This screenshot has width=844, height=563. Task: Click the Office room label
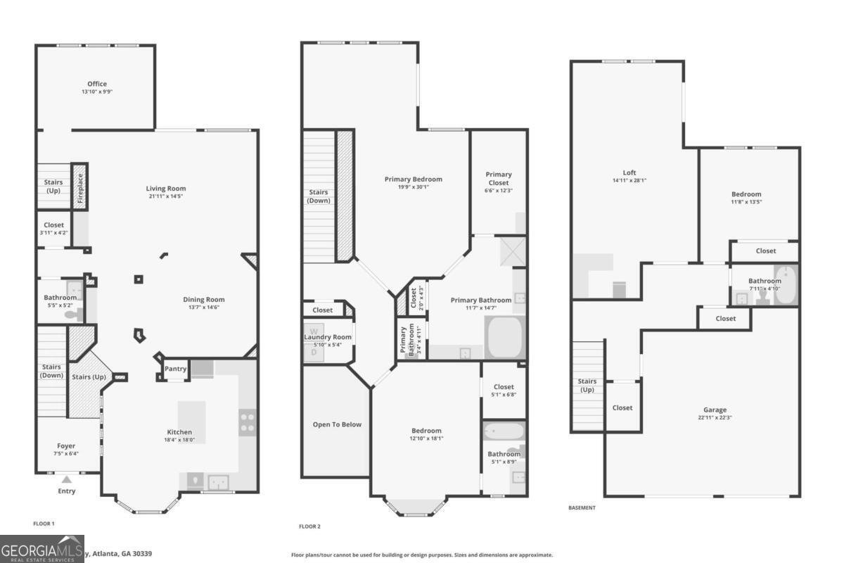97,84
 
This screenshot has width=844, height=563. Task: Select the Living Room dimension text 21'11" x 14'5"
166,196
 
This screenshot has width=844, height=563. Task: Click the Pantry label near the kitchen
175,369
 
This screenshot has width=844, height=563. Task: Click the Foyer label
66,445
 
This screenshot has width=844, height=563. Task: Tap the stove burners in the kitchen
247,422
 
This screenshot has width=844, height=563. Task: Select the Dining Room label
204,299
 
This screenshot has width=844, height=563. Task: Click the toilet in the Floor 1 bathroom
72,314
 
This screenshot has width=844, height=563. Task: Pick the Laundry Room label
327,337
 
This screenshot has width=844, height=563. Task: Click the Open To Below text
337,424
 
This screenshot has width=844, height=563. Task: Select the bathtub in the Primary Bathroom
505,339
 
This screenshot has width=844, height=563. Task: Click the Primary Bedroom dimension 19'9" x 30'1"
413,187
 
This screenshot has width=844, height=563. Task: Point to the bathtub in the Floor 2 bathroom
504,431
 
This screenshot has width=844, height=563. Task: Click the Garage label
715,410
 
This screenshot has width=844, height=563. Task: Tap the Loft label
629,172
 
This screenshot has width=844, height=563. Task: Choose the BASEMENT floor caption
582,507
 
